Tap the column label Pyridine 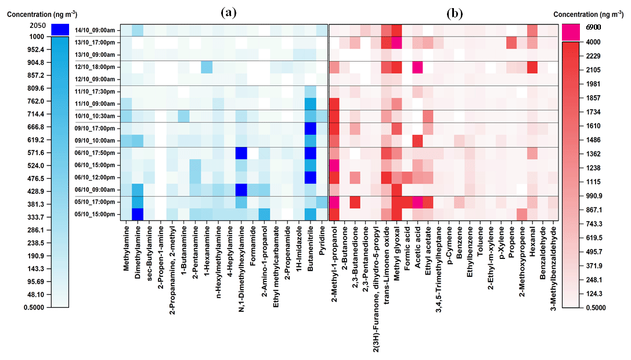[322, 244]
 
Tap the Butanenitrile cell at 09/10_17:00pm [310, 128]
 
